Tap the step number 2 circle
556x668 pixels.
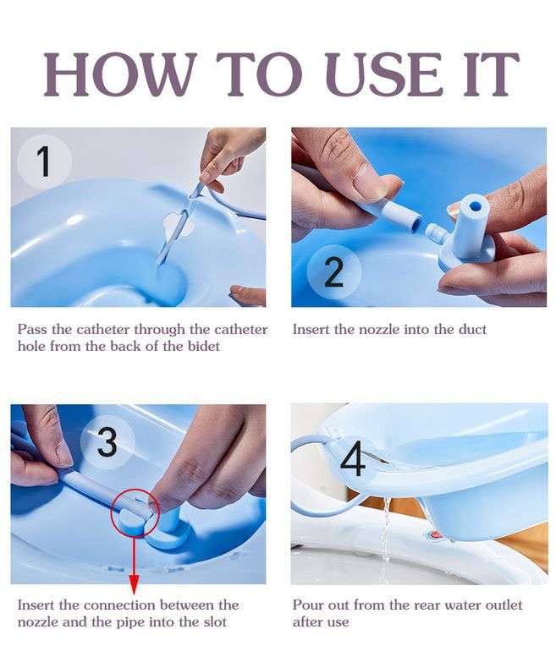point(333,272)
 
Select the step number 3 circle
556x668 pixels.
point(107,441)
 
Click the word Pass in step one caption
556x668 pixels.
point(31,329)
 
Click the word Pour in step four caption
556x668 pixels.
point(308,605)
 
